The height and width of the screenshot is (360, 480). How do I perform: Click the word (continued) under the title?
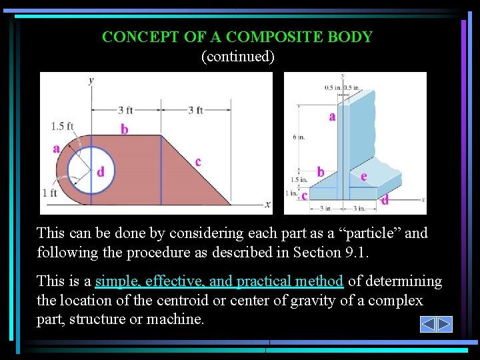click(238, 56)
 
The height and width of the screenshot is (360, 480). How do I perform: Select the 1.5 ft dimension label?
click(62, 126)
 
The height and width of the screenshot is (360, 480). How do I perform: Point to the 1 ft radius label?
click(50, 193)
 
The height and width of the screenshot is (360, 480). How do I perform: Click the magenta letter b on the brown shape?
click(125, 129)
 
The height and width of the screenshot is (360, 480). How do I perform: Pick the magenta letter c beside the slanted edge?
click(198, 161)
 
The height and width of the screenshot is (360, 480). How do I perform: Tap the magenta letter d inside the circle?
click(101, 172)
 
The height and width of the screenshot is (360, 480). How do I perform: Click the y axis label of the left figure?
click(91, 80)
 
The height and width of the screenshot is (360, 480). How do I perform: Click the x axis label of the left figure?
click(268, 204)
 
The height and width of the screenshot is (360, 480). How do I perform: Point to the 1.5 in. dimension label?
click(299, 179)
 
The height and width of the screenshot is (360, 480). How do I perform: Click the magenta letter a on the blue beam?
click(332, 117)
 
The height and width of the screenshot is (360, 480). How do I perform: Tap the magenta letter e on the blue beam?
click(363, 177)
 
